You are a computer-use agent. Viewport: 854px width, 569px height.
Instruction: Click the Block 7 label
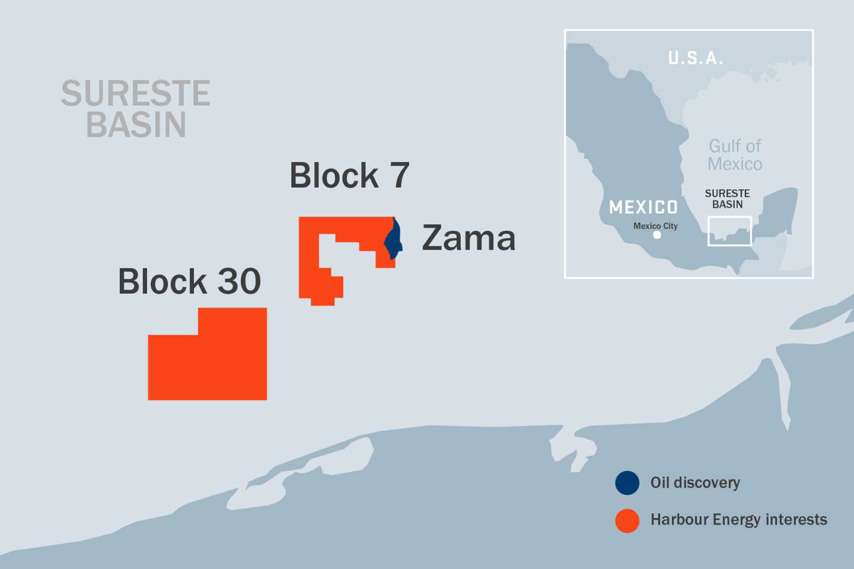pos(349,176)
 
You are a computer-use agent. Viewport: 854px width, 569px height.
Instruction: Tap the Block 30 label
pos(189,281)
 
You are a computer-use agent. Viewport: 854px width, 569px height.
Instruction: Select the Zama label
pos(469,238)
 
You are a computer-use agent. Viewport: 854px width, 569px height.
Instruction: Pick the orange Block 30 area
pos(208,362)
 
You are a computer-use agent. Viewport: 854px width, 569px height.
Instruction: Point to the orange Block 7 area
pos(308,261)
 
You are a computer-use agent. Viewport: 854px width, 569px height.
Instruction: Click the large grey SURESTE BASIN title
pos(136,109)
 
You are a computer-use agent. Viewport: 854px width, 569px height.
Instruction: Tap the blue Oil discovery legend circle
pos(627,483)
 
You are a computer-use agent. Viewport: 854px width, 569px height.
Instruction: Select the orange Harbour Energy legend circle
pos(627,520)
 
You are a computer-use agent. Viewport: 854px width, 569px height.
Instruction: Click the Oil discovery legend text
pos(695,483)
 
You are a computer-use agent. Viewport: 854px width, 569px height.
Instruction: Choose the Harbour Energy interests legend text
pos(738,520)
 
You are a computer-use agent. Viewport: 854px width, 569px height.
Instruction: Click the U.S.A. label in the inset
pos(695,58)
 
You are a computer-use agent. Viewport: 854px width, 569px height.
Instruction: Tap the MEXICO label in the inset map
pos(643,207)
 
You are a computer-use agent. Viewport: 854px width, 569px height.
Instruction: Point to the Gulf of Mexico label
pos(735,155)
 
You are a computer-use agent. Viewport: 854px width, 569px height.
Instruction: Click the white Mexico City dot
pos(657,235)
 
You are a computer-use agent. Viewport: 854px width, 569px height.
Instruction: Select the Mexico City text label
pos(655,226)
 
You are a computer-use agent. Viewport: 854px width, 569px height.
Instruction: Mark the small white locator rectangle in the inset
pos(729,231)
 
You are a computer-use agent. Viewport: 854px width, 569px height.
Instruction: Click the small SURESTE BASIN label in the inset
pos(727,199)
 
